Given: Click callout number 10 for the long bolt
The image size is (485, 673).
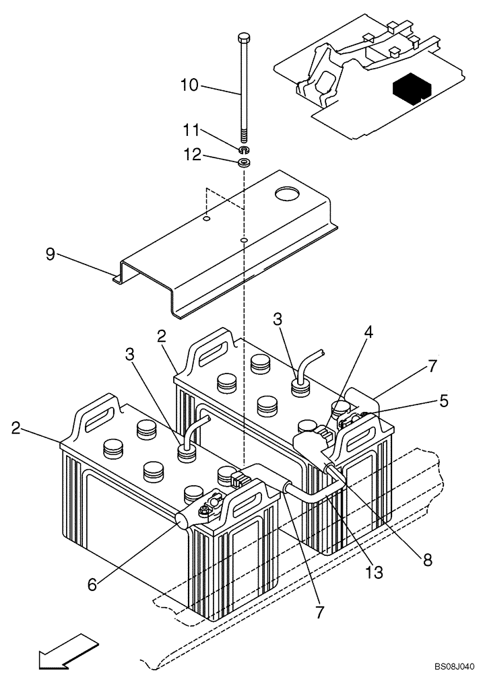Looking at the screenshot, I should coord(189,85).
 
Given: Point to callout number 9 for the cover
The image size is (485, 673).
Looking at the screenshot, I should coord(51,254).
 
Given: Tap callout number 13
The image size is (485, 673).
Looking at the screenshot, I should coord(375,573).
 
